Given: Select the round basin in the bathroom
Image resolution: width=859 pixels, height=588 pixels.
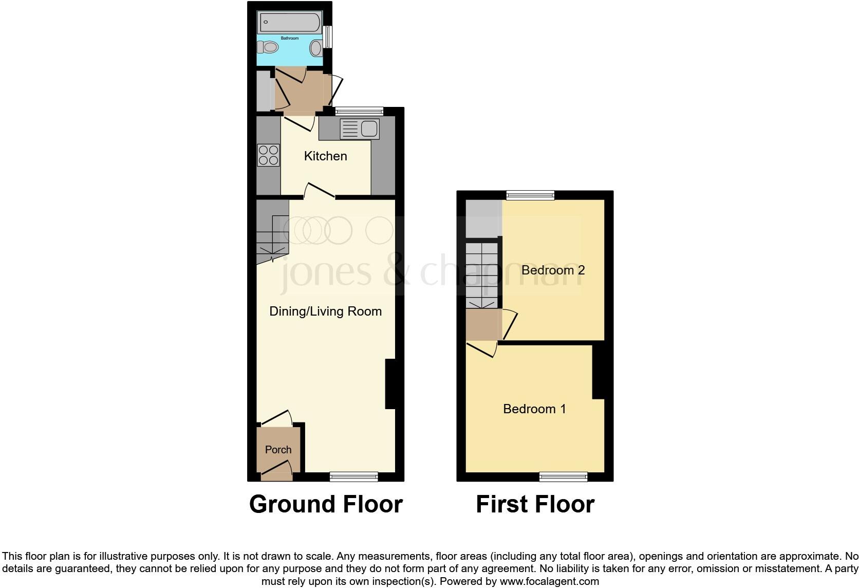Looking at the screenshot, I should click(x=316, y=49).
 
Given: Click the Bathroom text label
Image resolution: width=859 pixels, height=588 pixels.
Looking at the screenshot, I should click(x=290, y=38).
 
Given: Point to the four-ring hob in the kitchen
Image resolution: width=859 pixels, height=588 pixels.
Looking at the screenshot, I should click(x=268, y=155).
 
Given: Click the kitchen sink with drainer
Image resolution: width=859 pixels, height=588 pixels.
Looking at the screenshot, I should click(x=359, y=128).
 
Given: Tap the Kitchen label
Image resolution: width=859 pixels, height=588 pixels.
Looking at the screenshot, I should click(x=325, y=156).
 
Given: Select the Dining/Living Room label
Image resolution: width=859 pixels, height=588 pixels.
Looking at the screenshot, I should click(x=325, y=311).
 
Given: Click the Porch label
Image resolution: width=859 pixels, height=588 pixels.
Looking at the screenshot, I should click(x=278, y=450).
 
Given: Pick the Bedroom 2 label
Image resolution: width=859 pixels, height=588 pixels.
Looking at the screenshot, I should click(x=553, y=270).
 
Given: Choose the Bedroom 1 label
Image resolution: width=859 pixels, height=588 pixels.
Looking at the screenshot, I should click(x=534, y=409).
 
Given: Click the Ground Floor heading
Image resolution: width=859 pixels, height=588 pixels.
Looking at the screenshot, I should click(x=326, y=504).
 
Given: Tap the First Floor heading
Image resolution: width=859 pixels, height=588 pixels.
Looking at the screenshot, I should click(x=535, y=504).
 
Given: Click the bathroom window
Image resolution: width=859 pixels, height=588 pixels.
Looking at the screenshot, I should click(x=328, y=36).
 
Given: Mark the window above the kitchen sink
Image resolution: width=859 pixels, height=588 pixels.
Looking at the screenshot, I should click(x=359, y=111).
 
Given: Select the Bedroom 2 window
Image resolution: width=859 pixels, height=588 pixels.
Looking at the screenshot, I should click(x=530, y=195).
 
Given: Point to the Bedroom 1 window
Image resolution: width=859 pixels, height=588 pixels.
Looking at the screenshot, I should click(x=563, y=476).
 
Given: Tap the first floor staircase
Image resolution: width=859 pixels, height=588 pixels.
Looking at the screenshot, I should click(x=482, y=274).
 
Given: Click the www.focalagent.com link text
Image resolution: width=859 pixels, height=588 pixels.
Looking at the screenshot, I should click(x=549, y=582).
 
